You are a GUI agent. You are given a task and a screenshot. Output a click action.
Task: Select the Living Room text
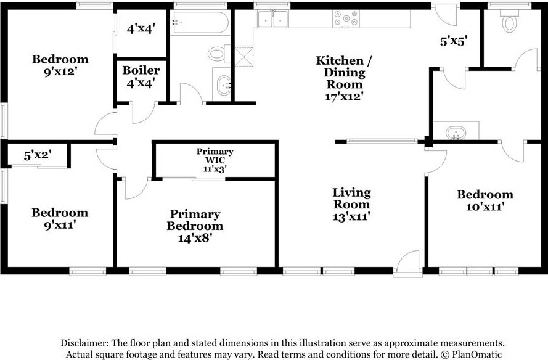(351, 204)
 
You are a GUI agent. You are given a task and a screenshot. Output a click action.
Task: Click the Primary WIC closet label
(215, 158)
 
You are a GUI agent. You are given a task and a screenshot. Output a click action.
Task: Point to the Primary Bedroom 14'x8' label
(195, 226)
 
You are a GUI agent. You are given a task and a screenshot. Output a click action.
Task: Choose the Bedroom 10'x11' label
(485, 201)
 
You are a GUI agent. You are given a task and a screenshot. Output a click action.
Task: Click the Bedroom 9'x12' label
(60, 65)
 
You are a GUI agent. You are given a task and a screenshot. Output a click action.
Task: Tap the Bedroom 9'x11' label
(60, 219)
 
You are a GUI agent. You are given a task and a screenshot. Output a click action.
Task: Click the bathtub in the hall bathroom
(200, 23)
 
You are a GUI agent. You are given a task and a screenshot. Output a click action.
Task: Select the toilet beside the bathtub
(216, 54)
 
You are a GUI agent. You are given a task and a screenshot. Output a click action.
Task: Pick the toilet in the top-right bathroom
(510, 23)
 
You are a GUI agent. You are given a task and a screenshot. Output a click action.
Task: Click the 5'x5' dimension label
(453, 42)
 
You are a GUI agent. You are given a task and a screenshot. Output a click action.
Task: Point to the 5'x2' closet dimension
(37, 156)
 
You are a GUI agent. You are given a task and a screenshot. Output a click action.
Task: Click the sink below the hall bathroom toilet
(223, 83)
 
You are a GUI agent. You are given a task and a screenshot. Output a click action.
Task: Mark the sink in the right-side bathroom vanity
(456, 131)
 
